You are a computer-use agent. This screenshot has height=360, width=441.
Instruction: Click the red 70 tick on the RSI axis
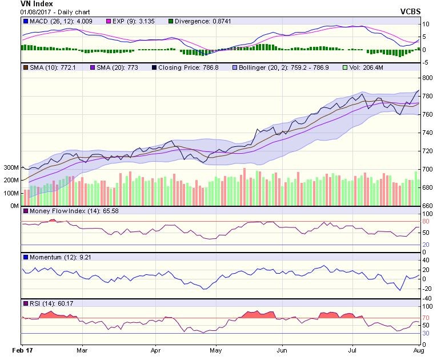[x=426, y=318]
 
